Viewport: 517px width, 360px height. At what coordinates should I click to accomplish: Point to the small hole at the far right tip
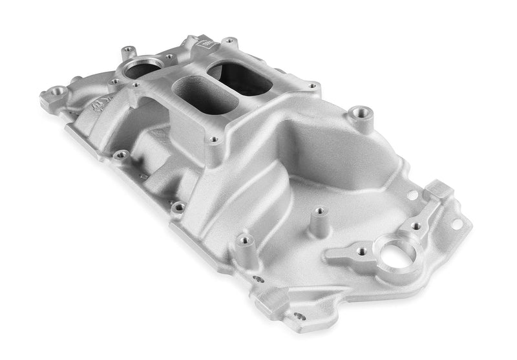457,224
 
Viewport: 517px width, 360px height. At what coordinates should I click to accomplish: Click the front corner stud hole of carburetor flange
214,138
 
